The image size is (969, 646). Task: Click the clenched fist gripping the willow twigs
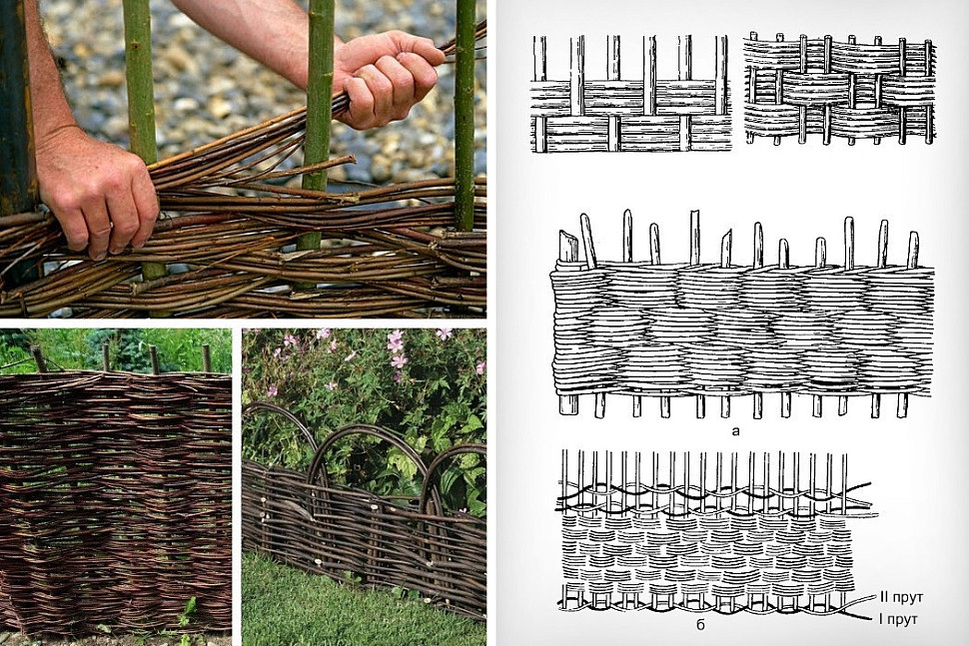point(387,77)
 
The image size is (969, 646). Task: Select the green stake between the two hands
point(320,124)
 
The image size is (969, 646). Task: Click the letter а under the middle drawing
point(735,430)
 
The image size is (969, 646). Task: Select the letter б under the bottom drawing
point(701,624)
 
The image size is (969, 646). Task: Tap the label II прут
point(900,597)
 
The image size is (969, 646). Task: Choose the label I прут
point(898,618)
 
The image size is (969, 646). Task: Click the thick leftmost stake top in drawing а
point(568,246)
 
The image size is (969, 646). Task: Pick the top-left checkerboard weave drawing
point(631,93)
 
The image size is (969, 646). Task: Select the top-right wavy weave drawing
point(840,89)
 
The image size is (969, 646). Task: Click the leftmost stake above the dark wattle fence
point(39,358)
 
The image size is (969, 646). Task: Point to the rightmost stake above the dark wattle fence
point(207,358)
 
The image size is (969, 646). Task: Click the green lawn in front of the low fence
point(346,602)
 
